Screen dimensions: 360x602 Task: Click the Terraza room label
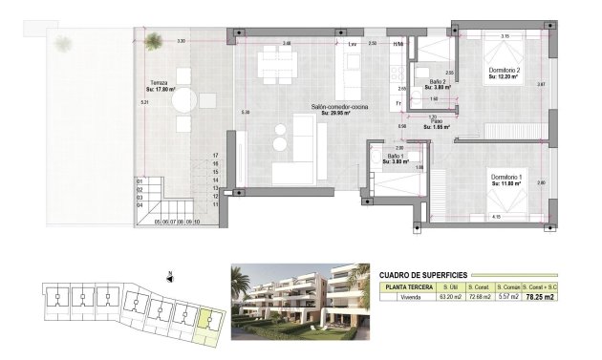[x=159, y=84]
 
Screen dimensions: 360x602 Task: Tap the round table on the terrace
[x=184, y=101]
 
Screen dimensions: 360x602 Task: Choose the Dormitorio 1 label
[x=505, y=177]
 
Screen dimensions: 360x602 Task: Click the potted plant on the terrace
[x=153, y=39]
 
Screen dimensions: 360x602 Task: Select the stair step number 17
[x=217, y=154]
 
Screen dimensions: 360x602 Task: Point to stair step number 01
[x=140, y=180]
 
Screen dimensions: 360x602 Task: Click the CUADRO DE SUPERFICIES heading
[x=423, y=272]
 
